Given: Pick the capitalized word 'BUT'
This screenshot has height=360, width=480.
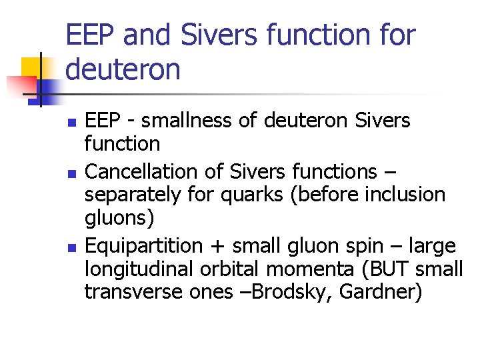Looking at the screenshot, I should (396, 269).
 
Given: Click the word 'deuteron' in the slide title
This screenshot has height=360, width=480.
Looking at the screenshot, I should (123, 69).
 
